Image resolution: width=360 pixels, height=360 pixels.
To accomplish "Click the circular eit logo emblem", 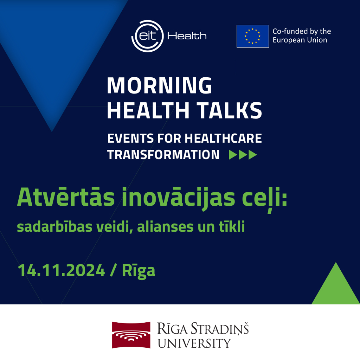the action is click(147, 36).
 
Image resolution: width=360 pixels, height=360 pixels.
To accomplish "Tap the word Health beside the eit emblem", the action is click(187, 36).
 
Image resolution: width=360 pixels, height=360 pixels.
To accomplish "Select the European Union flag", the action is click(252, 36).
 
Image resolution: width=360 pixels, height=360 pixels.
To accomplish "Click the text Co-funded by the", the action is click(302, 31).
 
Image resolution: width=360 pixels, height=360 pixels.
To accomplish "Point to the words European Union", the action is click(300, 40).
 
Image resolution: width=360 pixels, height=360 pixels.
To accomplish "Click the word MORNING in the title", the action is click(159, 85).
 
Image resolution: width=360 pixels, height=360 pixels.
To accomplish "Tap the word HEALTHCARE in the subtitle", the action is click(223, 138).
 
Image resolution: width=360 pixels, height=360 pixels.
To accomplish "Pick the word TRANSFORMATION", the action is click(163, 155).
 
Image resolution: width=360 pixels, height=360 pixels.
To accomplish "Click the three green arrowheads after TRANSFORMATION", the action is click(243, 155).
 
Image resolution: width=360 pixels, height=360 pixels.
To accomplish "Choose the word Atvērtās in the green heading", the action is click(66, 197).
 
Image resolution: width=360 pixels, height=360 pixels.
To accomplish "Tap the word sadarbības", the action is click(54, 227).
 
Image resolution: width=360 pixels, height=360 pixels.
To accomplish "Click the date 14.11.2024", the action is click(61, 270).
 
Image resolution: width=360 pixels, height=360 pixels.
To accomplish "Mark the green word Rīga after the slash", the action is click(139, 271).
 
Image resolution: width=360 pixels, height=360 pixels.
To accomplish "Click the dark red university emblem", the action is click(131, 335).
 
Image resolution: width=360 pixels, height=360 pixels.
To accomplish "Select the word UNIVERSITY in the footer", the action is click(194, 343).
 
